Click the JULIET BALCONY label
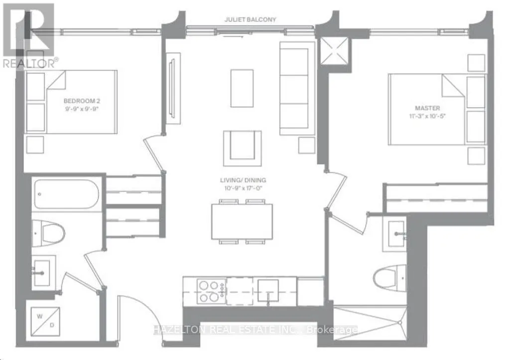(x=250, y=19)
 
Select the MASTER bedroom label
(x=427, y=108)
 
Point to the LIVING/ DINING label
(x=243, y=180)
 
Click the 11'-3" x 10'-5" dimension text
(x=427, y=116)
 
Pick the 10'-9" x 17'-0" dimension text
(x=243, y=188)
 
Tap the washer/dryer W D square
(x=45, y=321)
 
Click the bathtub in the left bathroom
(x=66, y=194)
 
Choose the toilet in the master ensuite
(x=389, y=278)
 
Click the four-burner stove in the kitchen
(x=212, y=291)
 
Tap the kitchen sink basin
(x=268, y=290)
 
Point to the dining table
(x=242, y=222)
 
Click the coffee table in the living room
(x=242, y=88)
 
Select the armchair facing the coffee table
(x=243, y=148)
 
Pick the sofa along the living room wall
(x=297, y=88)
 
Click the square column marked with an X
(x=334, y=51)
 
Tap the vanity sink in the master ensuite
(x=396, y=234)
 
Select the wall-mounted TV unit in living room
(x=173, y=88)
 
